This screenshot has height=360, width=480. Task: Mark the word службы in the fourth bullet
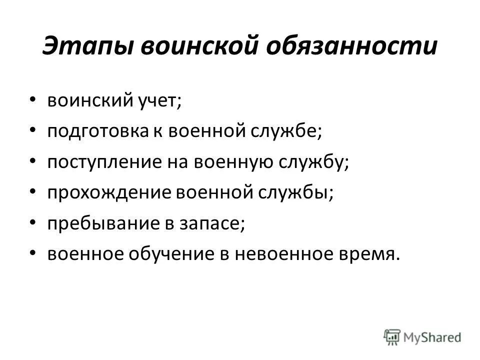[290, 193]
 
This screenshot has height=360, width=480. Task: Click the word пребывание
[98, 223]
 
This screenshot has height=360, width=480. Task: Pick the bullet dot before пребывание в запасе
[32, 223]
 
